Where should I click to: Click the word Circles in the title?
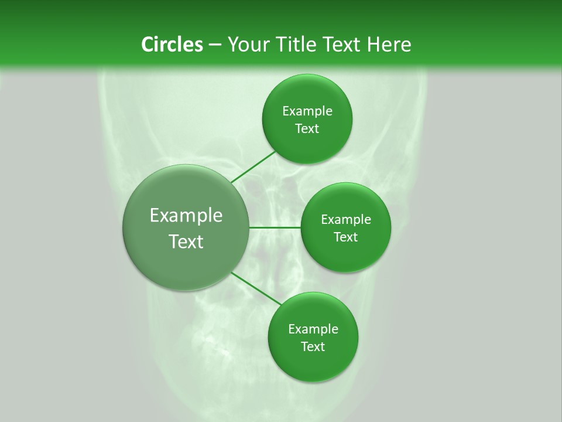pos(172,45)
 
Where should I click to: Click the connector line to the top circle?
pos(253,166)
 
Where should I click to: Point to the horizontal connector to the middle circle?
pos(275,227)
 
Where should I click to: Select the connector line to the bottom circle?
pos(256,288)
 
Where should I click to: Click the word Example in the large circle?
pos(186,216)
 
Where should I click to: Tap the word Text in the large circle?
pos(186,241)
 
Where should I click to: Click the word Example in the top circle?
pos(307,111)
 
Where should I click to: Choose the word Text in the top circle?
pos(307,129)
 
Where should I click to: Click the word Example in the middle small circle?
pos(346,220)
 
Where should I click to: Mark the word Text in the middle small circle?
pos(345,237)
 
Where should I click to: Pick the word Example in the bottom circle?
pos(313,329)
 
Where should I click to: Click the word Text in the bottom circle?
pos(313,347)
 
